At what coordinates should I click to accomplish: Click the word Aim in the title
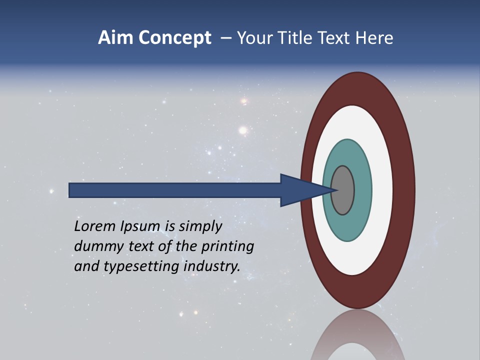click(x=113, y=38)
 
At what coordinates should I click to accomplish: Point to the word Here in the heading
click(x=374, y=38)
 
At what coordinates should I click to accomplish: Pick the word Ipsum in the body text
click(x=140, y=226)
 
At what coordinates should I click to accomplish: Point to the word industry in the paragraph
click(x=212, y=266)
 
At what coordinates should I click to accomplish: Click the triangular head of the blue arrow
click(x=300, y=190)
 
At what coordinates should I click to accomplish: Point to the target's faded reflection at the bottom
click(x=357, y=337)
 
